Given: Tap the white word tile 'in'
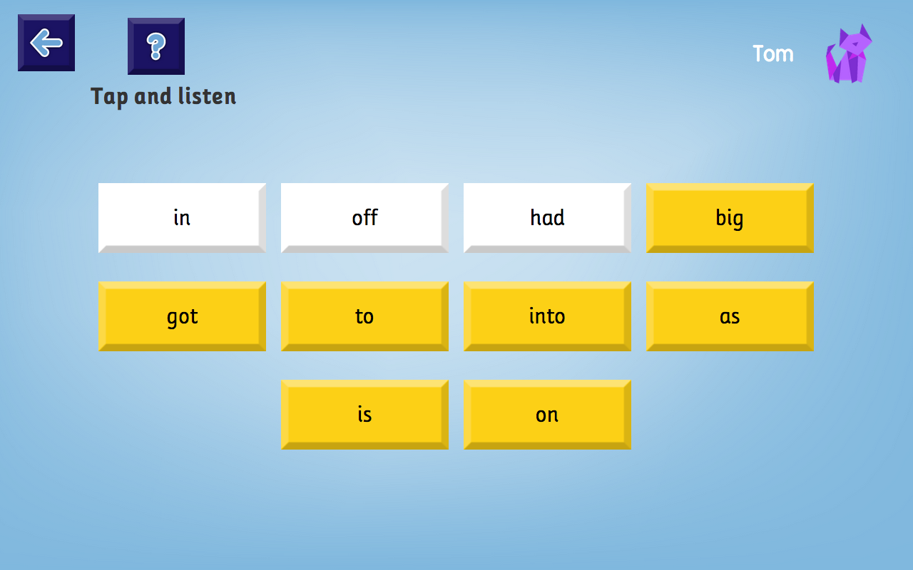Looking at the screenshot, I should [x=182, y=217].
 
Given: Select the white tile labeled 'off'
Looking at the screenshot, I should [x=364, y=217].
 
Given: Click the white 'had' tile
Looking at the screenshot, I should [x=547, y=217].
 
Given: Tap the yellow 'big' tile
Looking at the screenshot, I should [x=730, y=217].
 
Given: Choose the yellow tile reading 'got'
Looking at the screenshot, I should [x=182, y=316].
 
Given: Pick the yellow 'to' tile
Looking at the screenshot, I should [x=364, y=316].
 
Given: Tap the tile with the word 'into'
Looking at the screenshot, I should [x=547, y=316].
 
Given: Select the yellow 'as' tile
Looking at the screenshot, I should [x=730, y=316].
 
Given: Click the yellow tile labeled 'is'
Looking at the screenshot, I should [x=364, y=414].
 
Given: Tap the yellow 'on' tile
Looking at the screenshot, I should [x=547, y=414].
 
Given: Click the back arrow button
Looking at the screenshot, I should [x=46, y=43].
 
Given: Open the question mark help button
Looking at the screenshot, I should [x=156, y=46].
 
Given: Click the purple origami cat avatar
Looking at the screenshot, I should [x=849, y=56].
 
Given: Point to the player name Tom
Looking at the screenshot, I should [x=773, y=53].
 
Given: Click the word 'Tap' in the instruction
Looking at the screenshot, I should [x=110, y=96].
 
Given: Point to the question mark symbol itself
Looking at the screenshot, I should [x=156, y=46].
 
